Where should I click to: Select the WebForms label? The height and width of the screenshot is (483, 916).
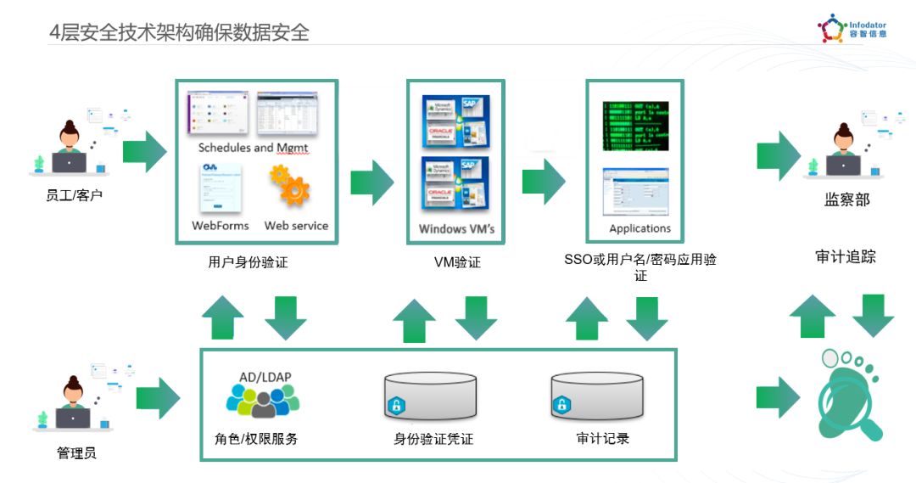point(221,226)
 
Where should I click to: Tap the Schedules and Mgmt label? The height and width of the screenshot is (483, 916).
point(254,148)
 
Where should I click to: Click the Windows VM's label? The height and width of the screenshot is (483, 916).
point(456,229)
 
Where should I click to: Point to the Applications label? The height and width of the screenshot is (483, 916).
point(640,228)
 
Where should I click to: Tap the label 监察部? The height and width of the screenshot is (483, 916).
point(846,200)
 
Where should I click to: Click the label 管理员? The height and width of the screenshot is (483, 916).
point(76,453)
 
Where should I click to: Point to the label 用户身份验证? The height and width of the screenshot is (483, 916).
point(248,262)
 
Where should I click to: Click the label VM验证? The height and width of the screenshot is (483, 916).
point(456,262)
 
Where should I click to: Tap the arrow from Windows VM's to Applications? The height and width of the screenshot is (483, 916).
point(544,181)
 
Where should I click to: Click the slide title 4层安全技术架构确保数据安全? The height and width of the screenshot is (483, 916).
point(179,32)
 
